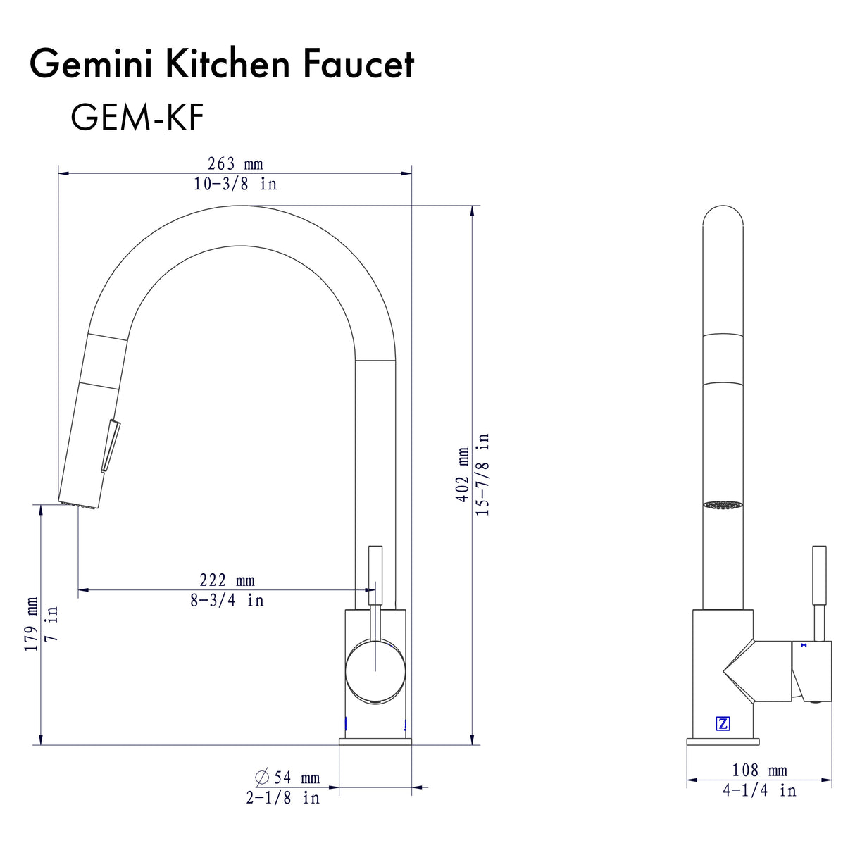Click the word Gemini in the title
click(x=92, y=64)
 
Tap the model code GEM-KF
click(x=137, y=117)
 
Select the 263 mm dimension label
click(x=235, y=163)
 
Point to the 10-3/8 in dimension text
click(x=235, y=184)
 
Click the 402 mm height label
click(x=462, y=474)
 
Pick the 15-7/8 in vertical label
click(x=482, y=474)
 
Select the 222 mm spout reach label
click(x=227, y=580)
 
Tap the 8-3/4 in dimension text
click(x=227, y=600)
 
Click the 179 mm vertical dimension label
click(x=32, y=624)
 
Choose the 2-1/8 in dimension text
click(x=282, y=798)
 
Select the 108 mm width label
click(x=759, y=770)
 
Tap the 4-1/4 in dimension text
click(x=759, y=790)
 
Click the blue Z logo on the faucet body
click(x=723, y=723)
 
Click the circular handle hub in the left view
click(x=375, y=673)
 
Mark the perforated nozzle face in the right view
click(x=723, y=505)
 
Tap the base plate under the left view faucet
click(x=375, y=742)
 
